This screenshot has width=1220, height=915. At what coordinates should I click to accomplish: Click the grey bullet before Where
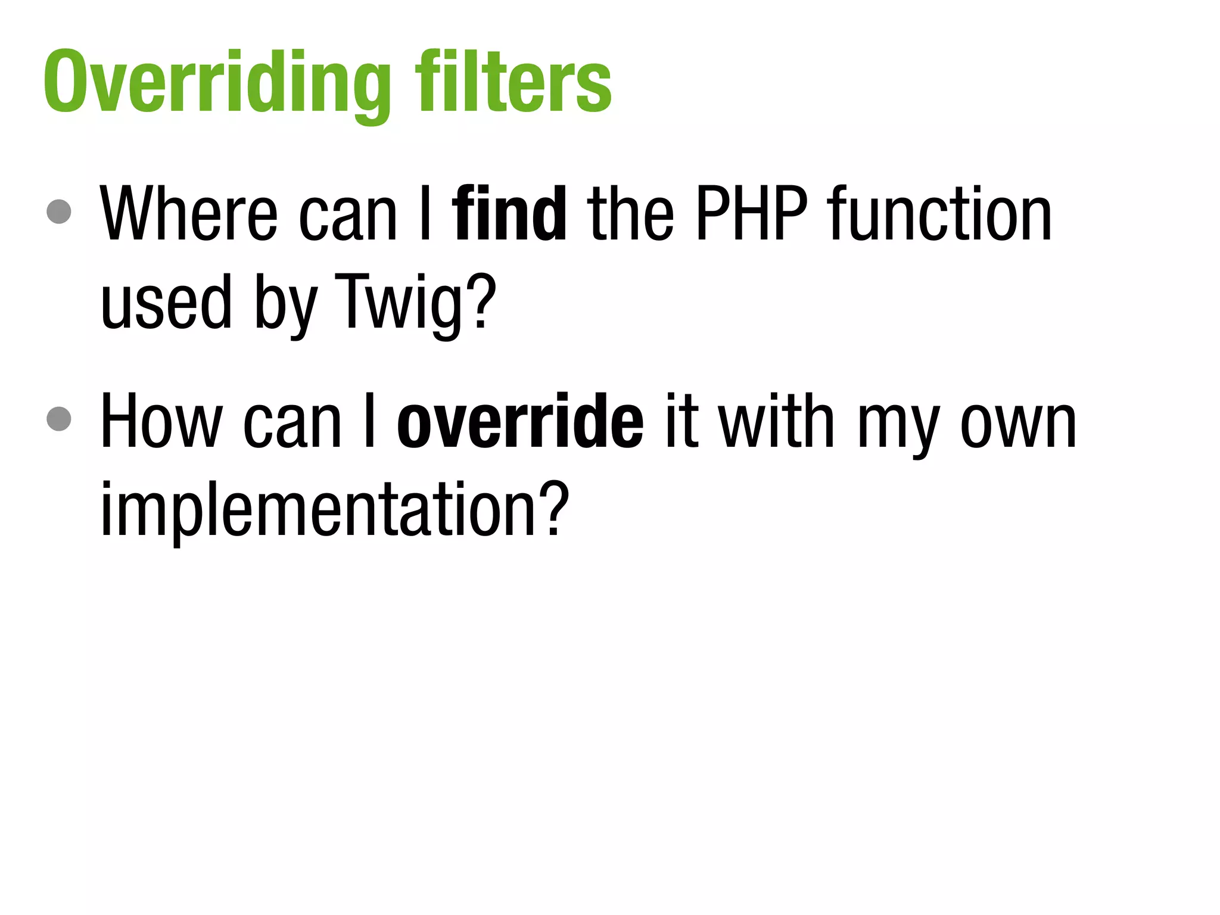[x=59, y=211]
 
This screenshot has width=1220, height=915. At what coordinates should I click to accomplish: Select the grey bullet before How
[x=59, y=418]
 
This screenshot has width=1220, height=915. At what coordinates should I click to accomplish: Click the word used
[x=166, y=302]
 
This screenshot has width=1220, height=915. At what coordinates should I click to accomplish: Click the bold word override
[x=520, y=421]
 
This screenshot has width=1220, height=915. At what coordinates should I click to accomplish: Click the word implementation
[x=319, y=510]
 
